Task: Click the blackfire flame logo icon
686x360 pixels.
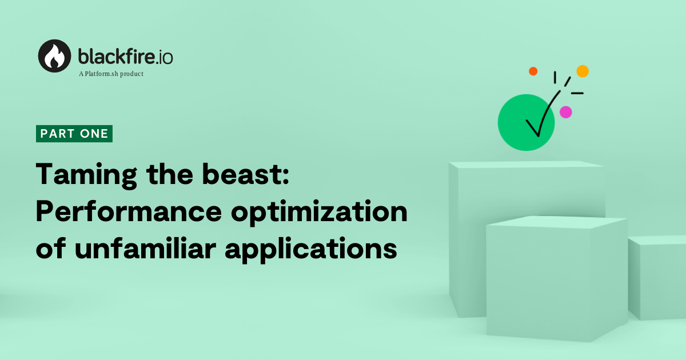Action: pos(55,55)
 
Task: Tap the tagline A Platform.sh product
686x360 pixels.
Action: pos(111,74)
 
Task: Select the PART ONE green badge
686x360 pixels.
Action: pos(74,134)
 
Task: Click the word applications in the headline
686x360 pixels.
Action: pos(311,250)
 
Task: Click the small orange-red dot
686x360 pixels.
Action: pos(533,71)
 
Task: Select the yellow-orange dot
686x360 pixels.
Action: pos(583,71)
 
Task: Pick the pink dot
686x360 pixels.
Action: pos(565,112)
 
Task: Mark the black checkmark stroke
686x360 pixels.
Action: pos(543,114)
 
